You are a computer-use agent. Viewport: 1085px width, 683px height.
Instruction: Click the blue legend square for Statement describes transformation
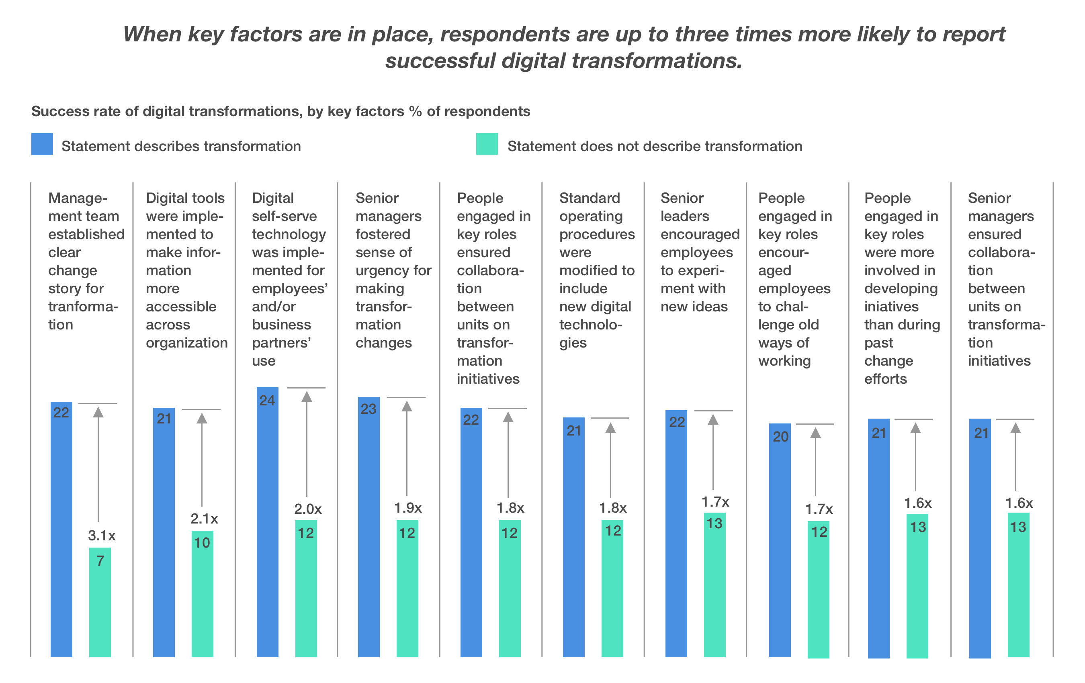tap(42, 144)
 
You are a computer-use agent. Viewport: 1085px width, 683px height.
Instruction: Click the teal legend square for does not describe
tap(487, 144)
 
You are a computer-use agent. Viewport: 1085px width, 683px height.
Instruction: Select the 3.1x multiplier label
tap(101, 536)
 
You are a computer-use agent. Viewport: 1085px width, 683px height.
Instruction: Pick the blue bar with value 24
tap(267, 523)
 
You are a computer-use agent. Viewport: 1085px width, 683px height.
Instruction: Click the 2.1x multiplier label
tap(204, 519)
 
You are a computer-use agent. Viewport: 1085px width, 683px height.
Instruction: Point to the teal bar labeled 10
tap(202, 593)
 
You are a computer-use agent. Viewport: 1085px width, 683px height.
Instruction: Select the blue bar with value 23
tap(368, 527)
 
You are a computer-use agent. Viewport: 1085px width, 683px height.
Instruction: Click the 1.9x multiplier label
tap(408, 508)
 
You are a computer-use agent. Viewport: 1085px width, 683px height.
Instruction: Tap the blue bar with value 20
tap(780, 541)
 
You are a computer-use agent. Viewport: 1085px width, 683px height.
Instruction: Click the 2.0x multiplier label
tap(308, 509)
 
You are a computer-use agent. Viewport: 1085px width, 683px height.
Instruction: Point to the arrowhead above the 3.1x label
tap(98, 412)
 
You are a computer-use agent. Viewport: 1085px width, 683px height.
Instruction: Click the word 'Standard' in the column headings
tap(590, 198)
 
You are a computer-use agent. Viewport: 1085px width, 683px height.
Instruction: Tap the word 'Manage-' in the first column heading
tap(78, 198)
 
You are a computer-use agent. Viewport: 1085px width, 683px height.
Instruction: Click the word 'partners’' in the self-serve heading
tap(281, 343)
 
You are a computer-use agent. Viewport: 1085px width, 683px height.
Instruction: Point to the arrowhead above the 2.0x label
tap(307, 397)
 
